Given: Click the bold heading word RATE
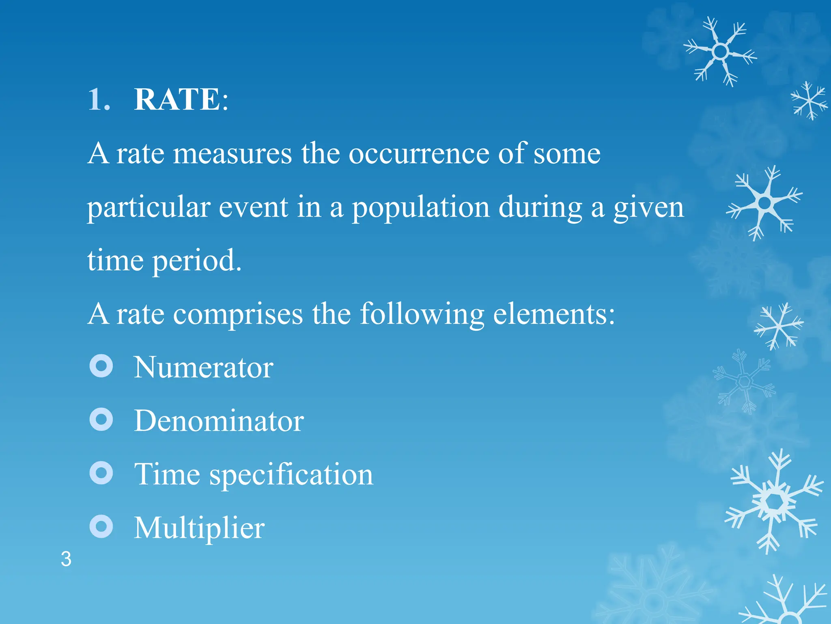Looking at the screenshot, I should click(177, 100).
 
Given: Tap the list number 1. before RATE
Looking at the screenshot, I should click(99, 100).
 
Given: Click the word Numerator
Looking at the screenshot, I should click(204, 367).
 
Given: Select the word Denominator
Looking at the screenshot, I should click(219, 421).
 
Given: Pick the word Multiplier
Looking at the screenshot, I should click(199, 528).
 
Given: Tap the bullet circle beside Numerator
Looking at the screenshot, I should click(101, 366).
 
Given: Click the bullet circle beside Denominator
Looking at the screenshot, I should click(101, 419).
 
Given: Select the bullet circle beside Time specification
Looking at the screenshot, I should click(101, 473).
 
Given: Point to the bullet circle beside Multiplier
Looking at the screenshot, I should click(101, 526).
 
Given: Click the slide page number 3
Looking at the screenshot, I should click(66, 559).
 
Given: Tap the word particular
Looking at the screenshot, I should click(149, 208).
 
